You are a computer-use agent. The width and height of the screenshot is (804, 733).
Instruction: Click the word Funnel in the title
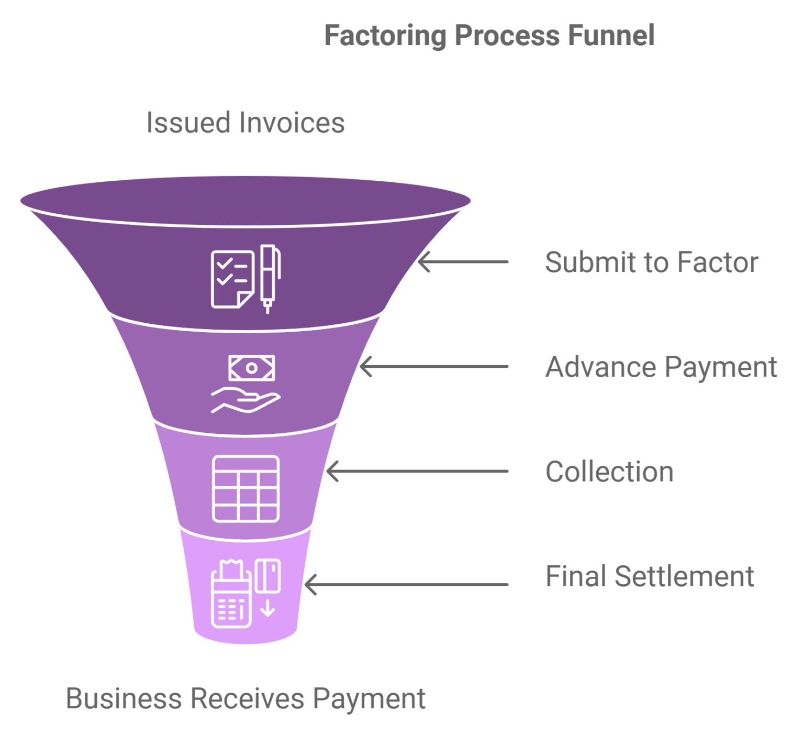coord(611,36)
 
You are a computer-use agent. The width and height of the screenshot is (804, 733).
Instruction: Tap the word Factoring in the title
coord(385,36)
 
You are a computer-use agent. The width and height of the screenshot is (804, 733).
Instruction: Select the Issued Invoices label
coord(245,123)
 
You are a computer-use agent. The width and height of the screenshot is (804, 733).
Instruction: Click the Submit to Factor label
coord(651,262)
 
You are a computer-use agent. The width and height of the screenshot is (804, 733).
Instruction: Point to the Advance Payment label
coord(661,367)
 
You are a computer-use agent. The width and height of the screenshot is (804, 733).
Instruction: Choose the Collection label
coord(609,472)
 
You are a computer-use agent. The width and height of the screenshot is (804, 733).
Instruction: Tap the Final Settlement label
coord(649,576)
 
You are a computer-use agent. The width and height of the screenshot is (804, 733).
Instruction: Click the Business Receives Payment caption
coord(245,698)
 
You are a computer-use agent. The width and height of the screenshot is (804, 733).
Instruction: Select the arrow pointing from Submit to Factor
coord(463,261)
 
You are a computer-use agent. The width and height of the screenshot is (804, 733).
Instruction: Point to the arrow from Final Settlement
coord(406,584)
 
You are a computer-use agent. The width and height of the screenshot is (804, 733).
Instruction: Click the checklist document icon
coord(232,279)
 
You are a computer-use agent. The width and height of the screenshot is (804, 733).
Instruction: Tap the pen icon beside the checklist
coord(269,278)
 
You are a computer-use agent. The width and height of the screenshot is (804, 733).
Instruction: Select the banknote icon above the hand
coord(251,368)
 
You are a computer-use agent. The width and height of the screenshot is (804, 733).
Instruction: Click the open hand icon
coord(245,401)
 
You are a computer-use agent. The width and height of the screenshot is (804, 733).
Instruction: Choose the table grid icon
coord(245,489)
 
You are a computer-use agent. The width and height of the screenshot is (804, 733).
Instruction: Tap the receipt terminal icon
coord(231,595)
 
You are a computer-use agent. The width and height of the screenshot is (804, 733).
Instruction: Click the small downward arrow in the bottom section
coord(267,608)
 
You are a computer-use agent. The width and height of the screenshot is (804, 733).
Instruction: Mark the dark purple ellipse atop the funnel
coord(245,201)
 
